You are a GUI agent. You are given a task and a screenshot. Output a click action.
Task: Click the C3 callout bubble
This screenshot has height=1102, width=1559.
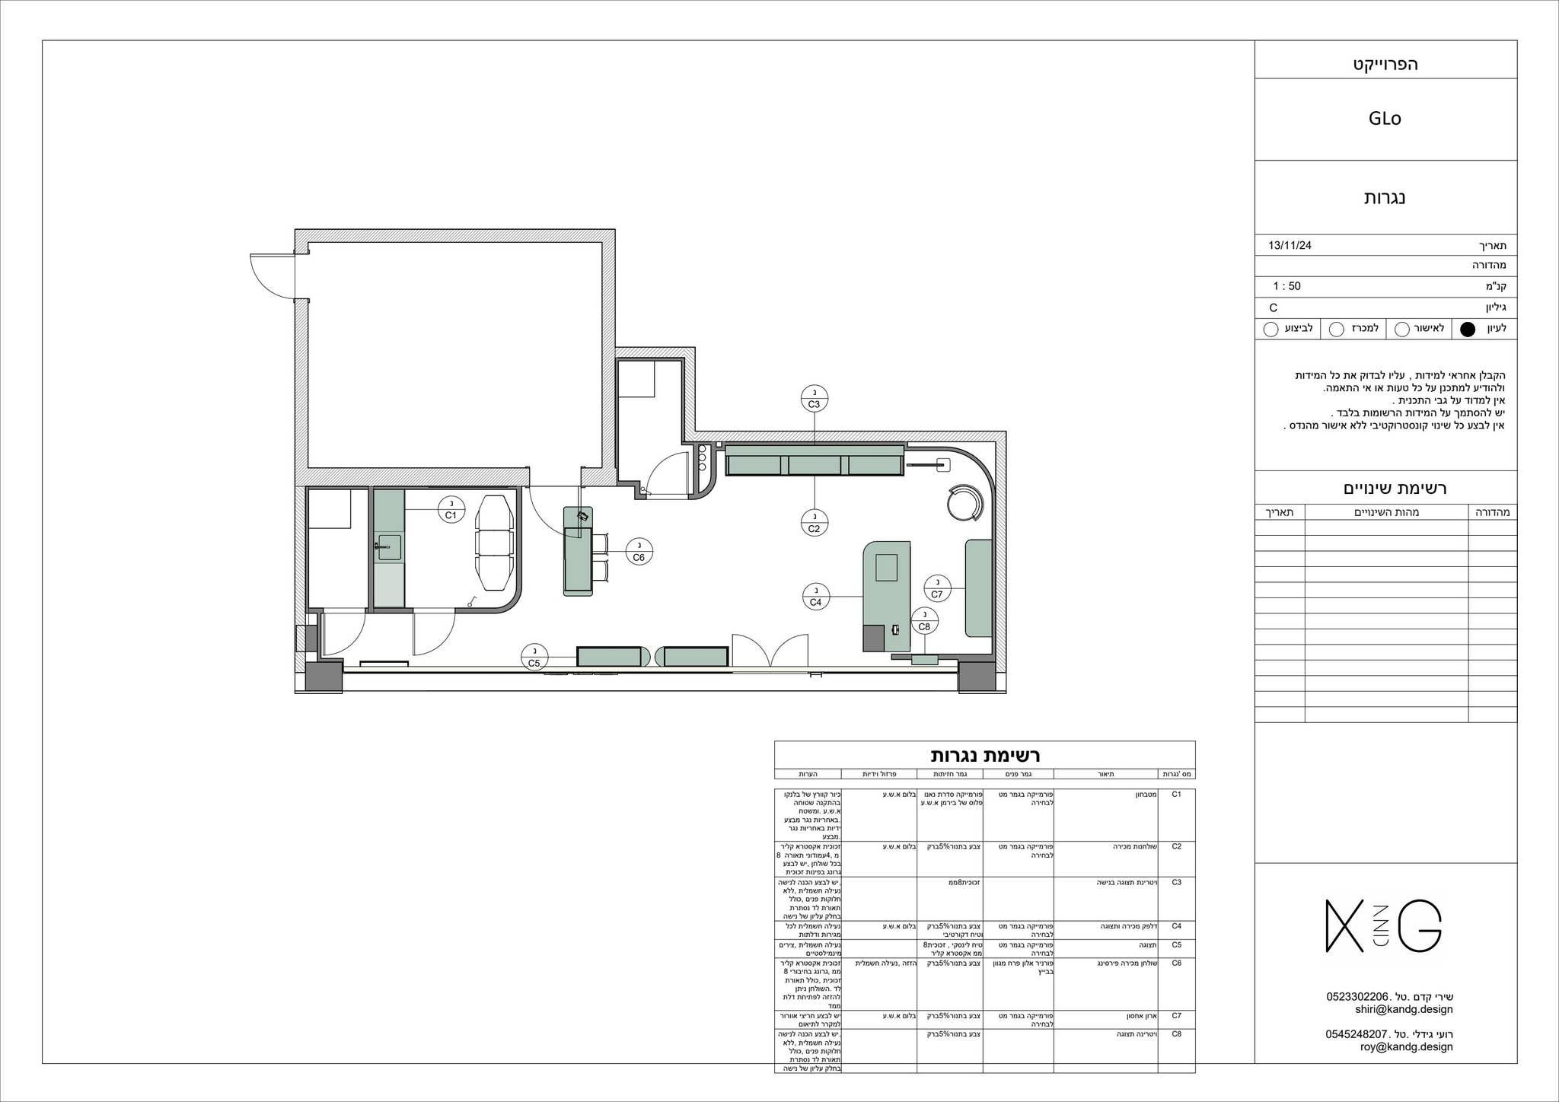814,399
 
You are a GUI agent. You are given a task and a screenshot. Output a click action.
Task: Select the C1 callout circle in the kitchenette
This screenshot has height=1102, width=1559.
451,509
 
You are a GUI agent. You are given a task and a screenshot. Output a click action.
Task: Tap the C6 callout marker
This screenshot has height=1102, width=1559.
639,551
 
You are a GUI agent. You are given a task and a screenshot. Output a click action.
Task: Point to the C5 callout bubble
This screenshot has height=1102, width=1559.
534,657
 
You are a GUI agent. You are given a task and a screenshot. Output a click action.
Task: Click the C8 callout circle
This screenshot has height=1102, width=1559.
924,621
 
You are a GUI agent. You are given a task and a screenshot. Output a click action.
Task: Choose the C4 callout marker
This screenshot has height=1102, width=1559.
815,596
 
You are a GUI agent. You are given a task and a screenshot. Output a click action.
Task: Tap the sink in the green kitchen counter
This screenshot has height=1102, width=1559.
387,546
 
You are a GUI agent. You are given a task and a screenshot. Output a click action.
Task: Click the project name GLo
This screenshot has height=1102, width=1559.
1384,119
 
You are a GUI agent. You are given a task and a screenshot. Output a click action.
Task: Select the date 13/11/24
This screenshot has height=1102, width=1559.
1290,246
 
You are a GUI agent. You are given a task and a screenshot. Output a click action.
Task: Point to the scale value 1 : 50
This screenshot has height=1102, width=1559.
1286,287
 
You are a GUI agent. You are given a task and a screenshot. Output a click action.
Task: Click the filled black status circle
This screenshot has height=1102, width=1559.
1468,330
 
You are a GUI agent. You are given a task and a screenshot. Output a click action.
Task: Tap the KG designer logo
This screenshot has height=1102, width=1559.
1384,925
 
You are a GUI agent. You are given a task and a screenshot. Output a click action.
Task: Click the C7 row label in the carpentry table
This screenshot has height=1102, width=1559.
1176,1015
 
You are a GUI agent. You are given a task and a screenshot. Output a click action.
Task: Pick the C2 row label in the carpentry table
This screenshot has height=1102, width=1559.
1176,846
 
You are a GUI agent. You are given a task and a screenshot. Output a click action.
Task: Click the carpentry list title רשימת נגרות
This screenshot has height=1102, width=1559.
984,756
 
